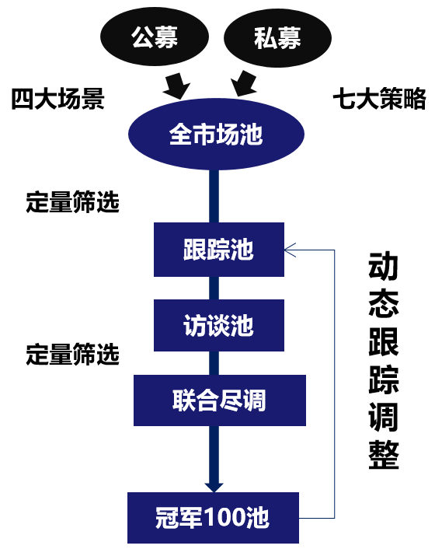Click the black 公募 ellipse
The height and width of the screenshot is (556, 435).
(x=155, y=37)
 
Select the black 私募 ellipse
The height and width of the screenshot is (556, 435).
(x=277, y=37)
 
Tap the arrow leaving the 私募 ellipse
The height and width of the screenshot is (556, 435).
(x=244, y=84)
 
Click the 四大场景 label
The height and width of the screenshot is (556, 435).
(x=57, y=99)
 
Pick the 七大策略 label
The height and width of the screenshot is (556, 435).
(x=379, y=99)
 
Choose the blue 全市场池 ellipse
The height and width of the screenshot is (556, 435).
(x=216, y=135)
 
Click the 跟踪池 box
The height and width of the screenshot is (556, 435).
(x=219, y=250)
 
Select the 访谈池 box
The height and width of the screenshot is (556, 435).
(x=219, y=326)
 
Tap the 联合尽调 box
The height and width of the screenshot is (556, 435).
(x=220, y=400)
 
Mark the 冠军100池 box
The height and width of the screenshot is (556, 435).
(x=214, y=518)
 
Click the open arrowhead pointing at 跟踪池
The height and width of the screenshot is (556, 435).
(x=290, y=250)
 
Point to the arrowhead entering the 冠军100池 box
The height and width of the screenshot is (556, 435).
(x=214, y=487)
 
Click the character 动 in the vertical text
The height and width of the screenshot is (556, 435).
(x=384, y=266)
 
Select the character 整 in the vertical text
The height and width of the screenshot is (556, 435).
(x=384, y=455)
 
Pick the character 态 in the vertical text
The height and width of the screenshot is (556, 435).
(x=384, y=304)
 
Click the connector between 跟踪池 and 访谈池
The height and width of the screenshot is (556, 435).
(x=214, y=288)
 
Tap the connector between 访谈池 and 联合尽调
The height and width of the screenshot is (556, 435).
(x=214, y=363)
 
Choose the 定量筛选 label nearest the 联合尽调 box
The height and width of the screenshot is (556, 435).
(x=72, y=355)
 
